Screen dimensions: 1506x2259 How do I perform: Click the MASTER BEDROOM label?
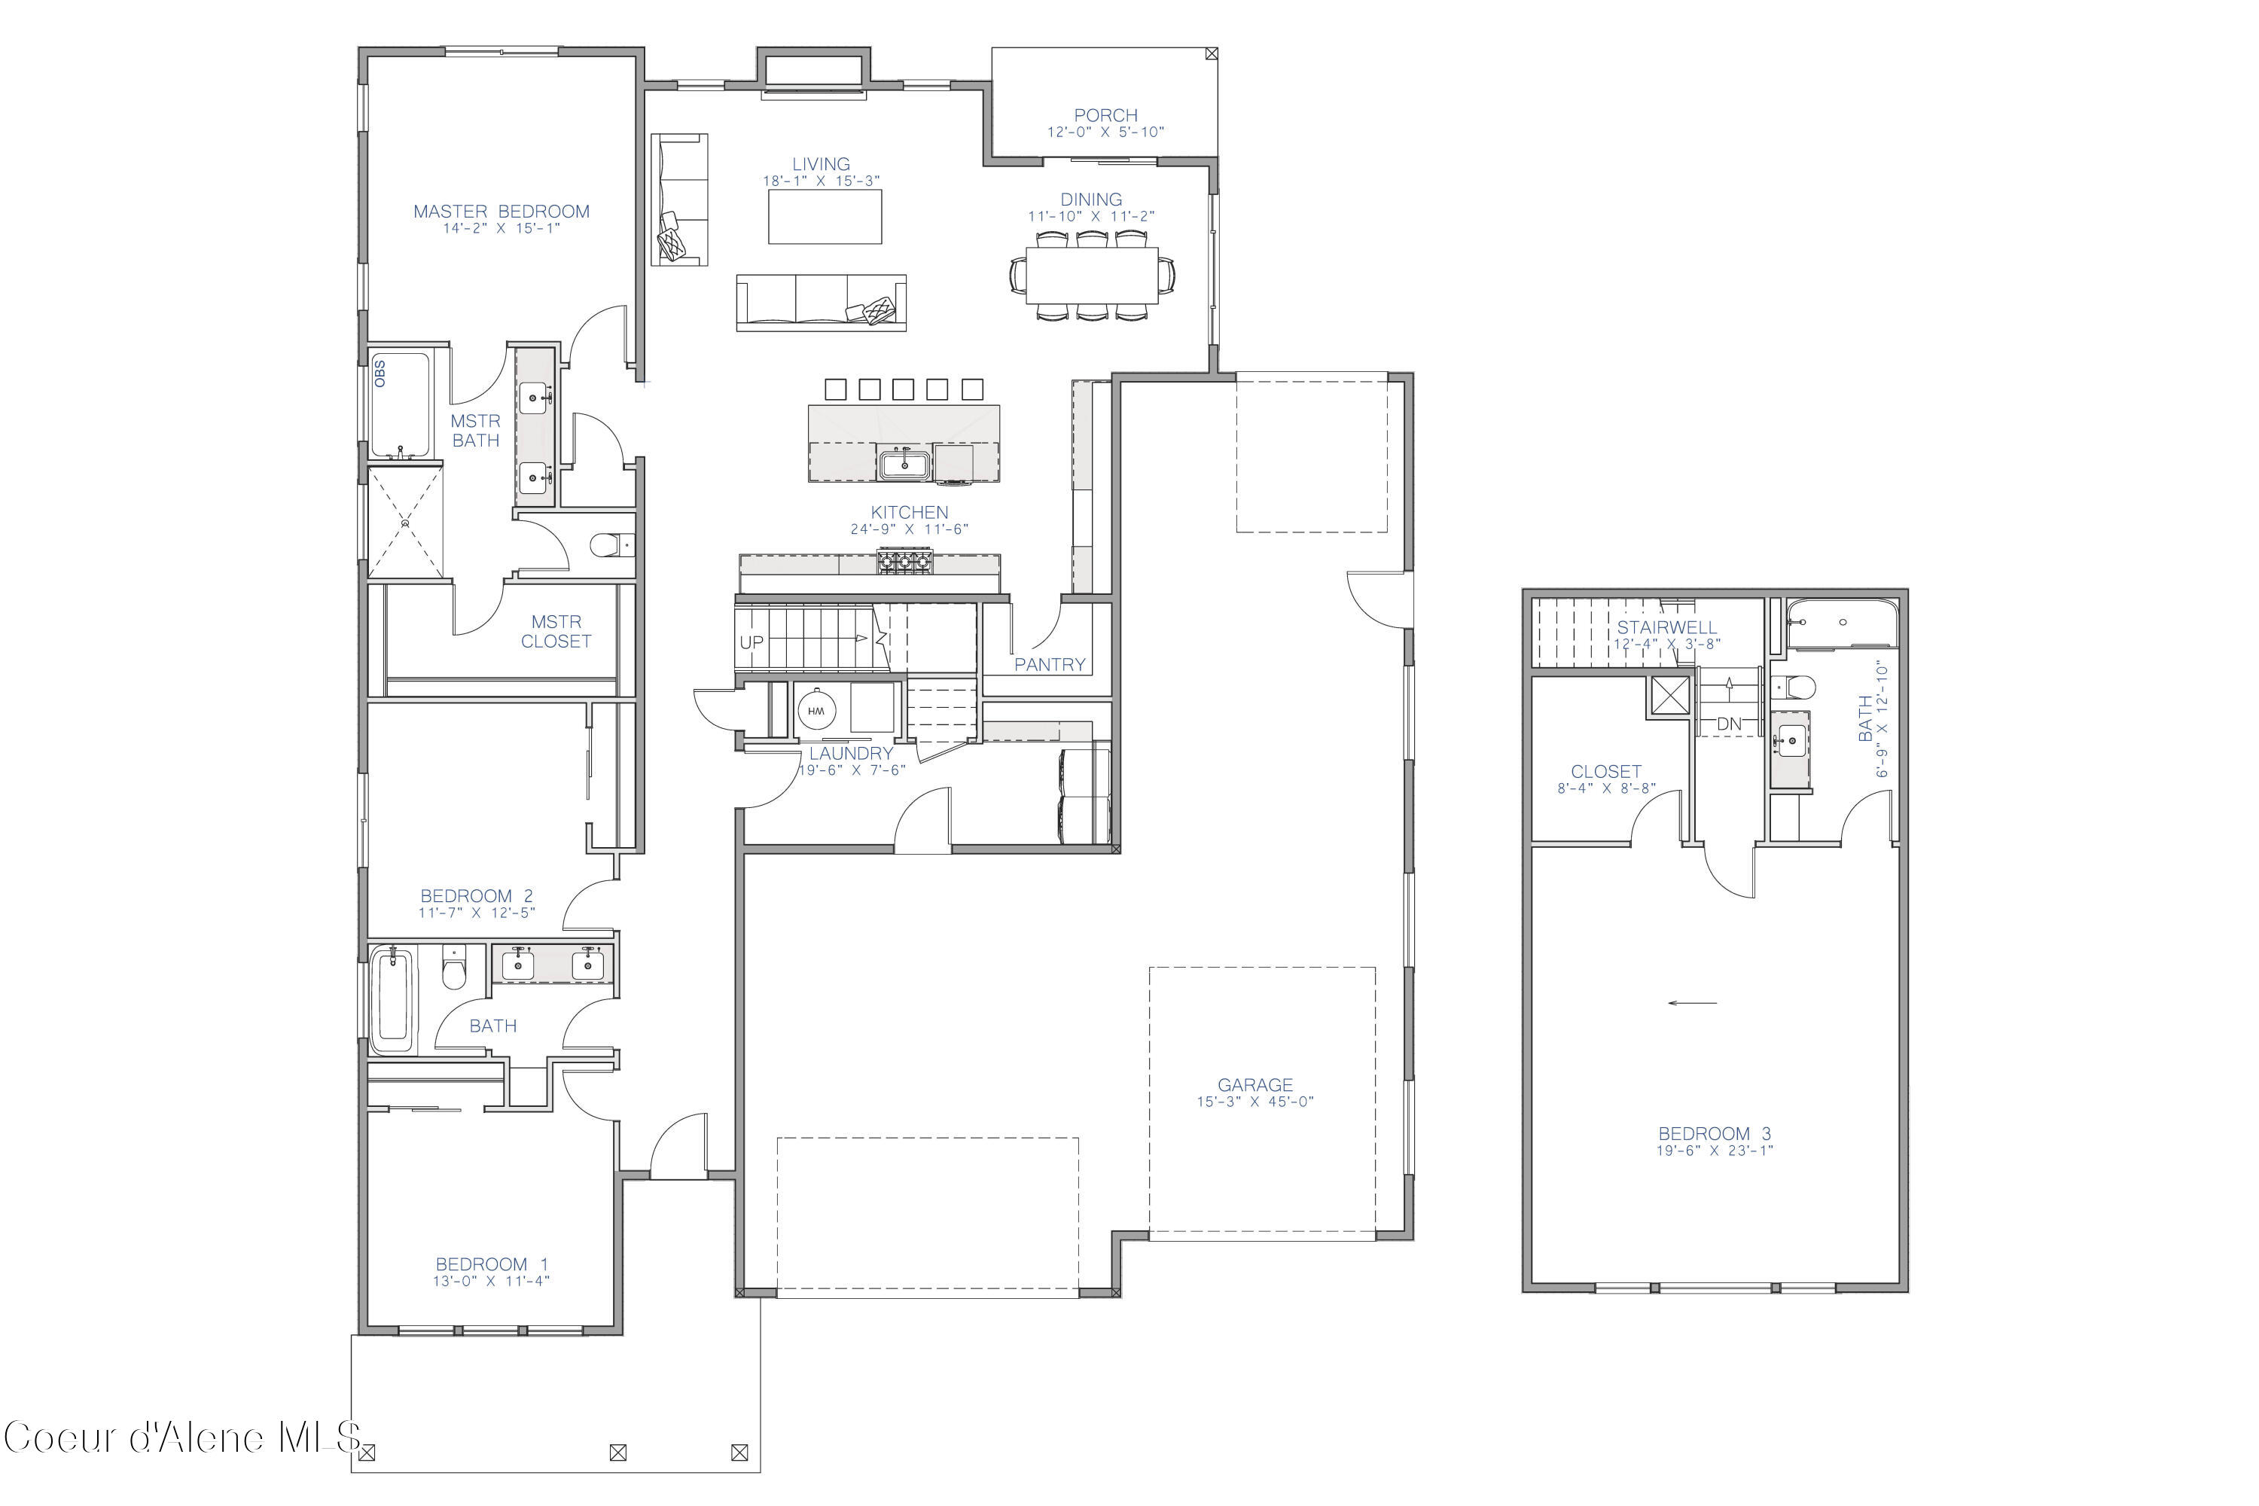pos(501,212)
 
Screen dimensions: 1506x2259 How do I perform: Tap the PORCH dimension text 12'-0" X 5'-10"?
pos(1105,133)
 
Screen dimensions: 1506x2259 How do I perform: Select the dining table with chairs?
pos(1092,276)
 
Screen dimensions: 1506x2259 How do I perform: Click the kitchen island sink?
pos(904,465)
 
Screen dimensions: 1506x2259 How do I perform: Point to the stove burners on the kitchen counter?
pos(904,561)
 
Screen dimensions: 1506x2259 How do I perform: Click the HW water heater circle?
pos(816,711)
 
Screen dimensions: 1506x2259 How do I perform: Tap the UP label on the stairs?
pos(751,642)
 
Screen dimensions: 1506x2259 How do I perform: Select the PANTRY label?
pos(1049,665)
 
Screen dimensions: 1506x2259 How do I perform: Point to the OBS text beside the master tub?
pos(380,373)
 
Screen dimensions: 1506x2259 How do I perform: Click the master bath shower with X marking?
pos(405,523)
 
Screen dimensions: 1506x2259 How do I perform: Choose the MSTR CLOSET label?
pos(556,632)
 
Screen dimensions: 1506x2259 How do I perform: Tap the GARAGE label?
pos(1254,1084)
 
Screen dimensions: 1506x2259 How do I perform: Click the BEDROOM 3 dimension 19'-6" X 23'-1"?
pos(1715,1151)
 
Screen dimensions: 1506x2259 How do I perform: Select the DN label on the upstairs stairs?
pos(1729,723)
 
